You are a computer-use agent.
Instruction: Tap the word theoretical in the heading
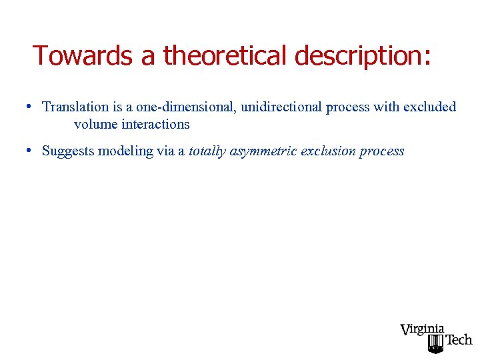(223, 55)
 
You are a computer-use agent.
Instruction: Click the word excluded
(430, 107)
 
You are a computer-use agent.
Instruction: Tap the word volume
(95, 124)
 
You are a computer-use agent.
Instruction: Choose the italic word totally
(207, 151)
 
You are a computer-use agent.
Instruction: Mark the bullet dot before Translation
(31, 107)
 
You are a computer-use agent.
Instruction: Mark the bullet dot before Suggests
(31, 151)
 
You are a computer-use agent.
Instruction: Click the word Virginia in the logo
(422, 329)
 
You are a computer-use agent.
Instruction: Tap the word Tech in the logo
(458, 340)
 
